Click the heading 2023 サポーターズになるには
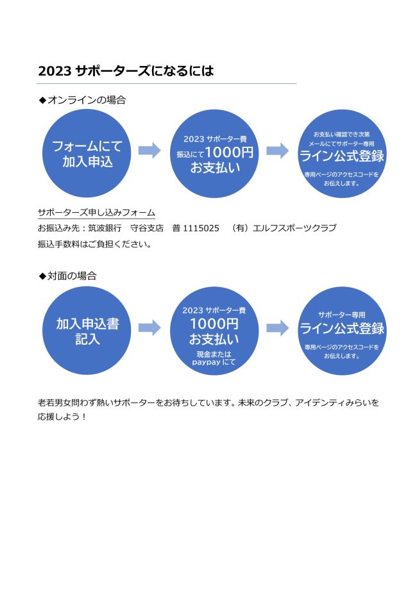pos(126,71)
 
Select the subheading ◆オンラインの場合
pos(82,100)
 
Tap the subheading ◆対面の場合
pos(68,276)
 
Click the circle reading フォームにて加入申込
pos(87,153)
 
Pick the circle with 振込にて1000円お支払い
pos(214,153)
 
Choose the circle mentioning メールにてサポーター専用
pos(342,153)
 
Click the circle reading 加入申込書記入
pos(87,331)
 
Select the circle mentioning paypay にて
pos(214,331)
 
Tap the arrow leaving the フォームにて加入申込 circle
pos(149,151)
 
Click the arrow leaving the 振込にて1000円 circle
pos(278,151)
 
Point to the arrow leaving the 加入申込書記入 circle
pos(149,328)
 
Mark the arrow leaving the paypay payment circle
pos(278,328)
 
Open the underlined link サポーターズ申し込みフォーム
pos(97,213)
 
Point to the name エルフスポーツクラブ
pos(295,228)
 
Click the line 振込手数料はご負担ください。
pos(95,244)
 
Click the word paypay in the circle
pos(206,363)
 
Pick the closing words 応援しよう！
pos(62,417)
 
